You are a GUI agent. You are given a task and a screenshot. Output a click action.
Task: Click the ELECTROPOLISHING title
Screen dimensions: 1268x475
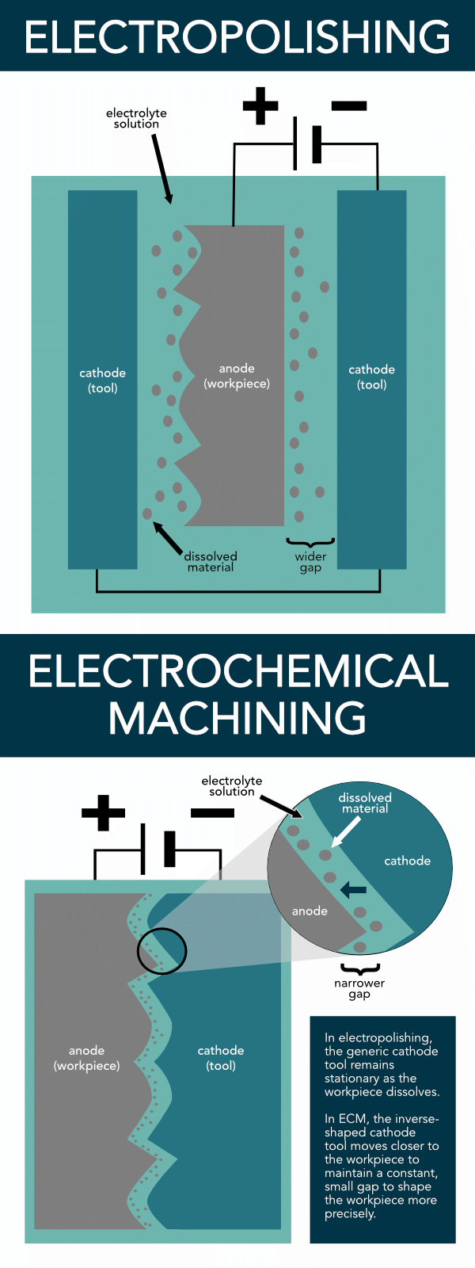[x=237, y=36]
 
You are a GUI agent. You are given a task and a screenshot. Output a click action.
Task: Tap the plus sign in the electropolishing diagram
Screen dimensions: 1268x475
[x=260, y=106]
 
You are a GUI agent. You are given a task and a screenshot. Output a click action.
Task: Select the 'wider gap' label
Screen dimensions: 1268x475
[x=310, y=562]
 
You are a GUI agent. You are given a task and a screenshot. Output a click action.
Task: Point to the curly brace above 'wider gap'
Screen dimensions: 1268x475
[x=310, y=543]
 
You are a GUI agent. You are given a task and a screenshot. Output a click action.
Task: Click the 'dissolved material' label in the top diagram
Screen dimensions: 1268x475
[x=211, y=562]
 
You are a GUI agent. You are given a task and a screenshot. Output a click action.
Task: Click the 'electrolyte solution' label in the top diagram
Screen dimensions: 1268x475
[x=136, y=119]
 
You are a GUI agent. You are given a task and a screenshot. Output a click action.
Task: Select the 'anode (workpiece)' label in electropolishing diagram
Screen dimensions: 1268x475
[x=237, y=376]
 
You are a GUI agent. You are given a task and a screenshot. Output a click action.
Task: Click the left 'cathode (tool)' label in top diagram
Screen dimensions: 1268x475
[x=102, y=380]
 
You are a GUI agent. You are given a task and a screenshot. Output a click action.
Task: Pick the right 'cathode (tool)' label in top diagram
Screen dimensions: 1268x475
[x=371, y=377]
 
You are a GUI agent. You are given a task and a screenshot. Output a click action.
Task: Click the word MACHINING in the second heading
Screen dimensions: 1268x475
[x=237, y=718]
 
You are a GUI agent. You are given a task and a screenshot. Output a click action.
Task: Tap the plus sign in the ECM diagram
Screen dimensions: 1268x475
[x=104, y=813]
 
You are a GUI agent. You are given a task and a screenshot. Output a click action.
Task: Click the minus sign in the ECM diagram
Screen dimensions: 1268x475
[x=212, y=812]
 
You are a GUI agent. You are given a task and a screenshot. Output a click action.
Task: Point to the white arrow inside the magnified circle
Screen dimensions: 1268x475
[x=345, y=832]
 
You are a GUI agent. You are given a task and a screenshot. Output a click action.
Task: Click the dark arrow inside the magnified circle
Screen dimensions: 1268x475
[x=353, y=891]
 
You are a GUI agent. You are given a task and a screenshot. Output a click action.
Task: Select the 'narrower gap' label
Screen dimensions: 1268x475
[x=359, y=988]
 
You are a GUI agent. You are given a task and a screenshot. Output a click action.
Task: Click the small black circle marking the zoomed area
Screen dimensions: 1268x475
[x=161, y=950]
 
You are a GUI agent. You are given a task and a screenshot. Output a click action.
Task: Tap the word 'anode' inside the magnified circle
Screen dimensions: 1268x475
[x=310, y=911]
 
